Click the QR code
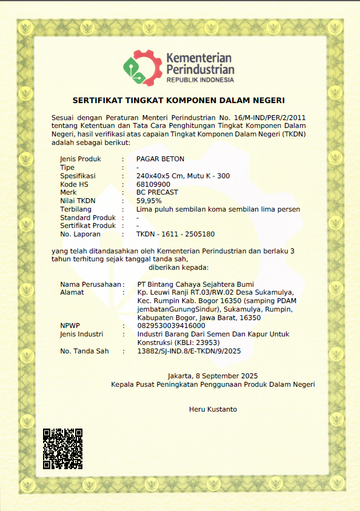pos(62,449)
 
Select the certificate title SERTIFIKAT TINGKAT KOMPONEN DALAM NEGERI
pos(179,100)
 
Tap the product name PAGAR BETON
pos(160,159)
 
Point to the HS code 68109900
pos(153,184)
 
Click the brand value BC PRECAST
pos(158,192)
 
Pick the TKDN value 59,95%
pos(149,201)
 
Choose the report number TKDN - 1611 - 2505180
pos(175,234)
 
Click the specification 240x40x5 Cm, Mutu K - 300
pos(183,176)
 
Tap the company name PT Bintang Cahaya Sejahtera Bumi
pos(195,284)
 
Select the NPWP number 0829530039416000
pos(172,326)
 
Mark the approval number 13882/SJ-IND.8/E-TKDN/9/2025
pos(190,351)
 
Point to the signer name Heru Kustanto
pos(213,409)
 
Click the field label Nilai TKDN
pos(78,201)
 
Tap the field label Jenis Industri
pos(82,334)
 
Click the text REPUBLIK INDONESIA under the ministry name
pos(200,80)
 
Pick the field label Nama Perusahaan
pos(90,284)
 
